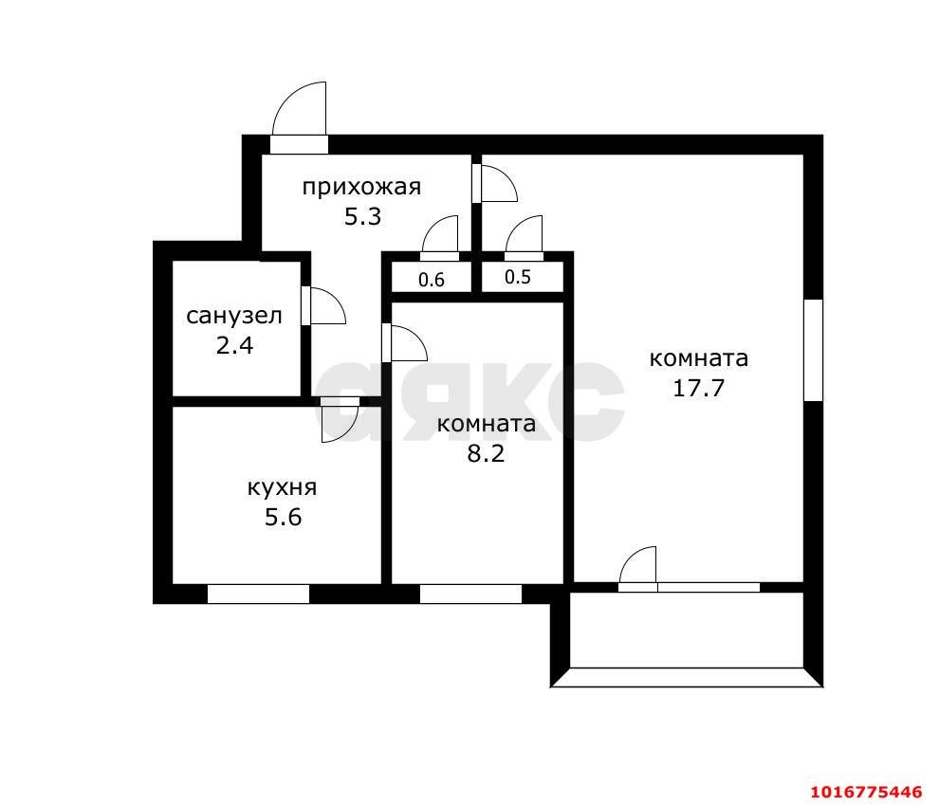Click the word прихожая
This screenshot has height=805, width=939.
pos(361,188)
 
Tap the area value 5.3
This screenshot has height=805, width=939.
pos(362,216)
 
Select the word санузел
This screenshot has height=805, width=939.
pos(233,316)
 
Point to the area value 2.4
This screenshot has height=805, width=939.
pos(234,345)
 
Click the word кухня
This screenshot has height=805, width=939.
pos(282,487)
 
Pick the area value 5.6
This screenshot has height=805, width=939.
pos(284,517)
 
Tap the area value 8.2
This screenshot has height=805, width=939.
pos(486,453)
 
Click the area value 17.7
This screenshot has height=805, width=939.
pos(699,388)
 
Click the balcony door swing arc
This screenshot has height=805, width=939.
pos(630,557)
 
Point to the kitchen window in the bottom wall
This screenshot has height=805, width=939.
pos(258,595)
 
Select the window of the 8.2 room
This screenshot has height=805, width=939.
pos(470,595)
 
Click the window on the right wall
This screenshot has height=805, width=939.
pos(813,350)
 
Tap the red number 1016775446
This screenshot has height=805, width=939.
pos(867,793)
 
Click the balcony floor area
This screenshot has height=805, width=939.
pos(687,630)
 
